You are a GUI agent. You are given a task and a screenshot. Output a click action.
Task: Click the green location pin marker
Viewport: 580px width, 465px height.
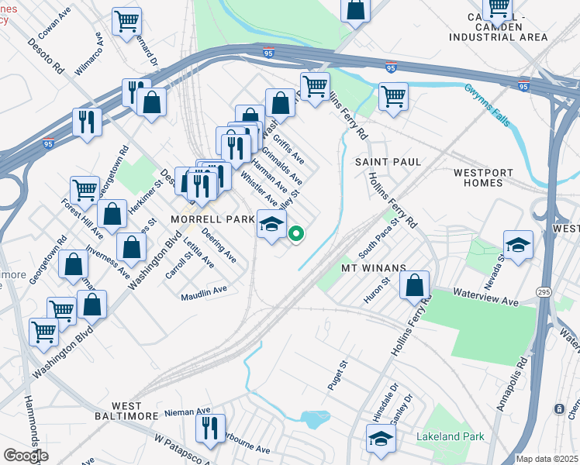coord(295,232)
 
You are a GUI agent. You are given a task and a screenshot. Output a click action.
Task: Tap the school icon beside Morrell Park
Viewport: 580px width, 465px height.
coord(271,225)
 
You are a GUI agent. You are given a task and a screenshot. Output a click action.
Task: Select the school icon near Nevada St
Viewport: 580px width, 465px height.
coord(518,245)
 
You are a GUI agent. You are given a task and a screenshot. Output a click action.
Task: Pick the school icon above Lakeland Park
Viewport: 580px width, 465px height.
coord(381,440)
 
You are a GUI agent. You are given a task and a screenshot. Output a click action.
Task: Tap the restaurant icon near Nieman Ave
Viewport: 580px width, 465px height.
coord(209,428)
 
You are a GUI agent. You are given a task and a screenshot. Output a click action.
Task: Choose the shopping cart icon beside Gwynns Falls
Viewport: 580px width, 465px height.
coord(393,97)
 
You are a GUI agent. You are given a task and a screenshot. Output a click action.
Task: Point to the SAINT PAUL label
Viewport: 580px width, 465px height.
coord(388,162)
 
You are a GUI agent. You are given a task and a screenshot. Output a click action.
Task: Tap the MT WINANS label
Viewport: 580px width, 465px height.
coord(375,268)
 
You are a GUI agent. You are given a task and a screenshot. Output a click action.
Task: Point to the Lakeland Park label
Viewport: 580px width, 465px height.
coord(450,436)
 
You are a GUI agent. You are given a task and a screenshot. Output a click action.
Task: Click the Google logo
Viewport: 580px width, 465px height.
coord(26,456)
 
